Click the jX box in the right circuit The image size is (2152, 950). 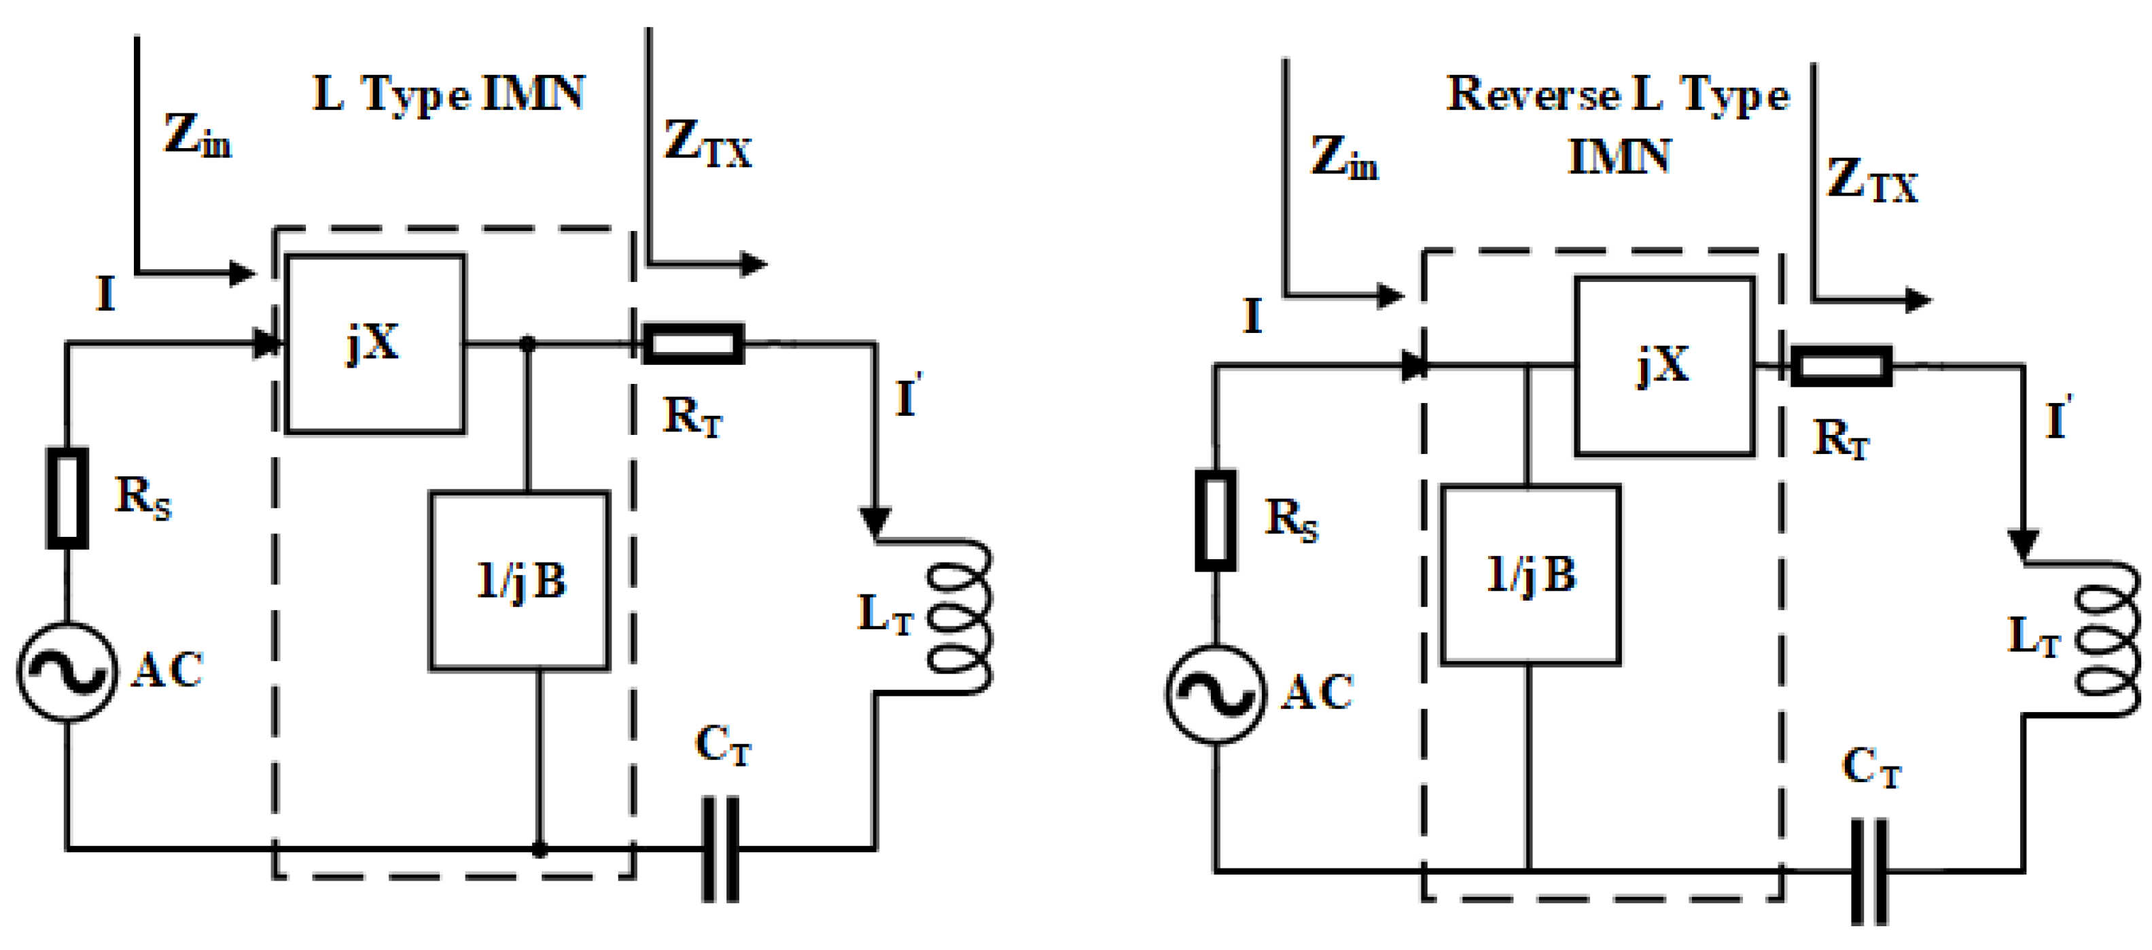[x=1664, y=366]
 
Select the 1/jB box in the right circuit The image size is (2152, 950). [x=1530, y=574]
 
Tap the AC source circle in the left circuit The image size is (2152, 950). [x=67, y=671]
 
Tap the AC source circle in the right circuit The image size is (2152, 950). [x=1216, y=694]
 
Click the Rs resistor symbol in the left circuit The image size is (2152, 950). [x=67, y=498]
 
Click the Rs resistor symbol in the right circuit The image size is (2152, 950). [x=1216, y=521]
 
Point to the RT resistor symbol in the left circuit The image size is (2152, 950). [x=692, y=343]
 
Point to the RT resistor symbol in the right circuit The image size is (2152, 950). [x=1841, y=366]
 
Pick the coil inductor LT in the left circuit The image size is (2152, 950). [x=959, y=616]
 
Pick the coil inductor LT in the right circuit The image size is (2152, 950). [x=2107, y=639]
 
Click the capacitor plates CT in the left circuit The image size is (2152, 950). [x=720, y=849]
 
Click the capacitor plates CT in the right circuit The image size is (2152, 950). [x=1869, y=871]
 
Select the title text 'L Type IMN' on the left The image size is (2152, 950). [x=448, y=94]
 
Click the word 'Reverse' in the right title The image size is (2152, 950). [x=1532, y=94]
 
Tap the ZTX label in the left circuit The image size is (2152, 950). [x=707, y=143]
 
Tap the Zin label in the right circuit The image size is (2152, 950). [x=1343, y=157]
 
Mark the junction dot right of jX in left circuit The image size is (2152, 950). [x=527, y=343]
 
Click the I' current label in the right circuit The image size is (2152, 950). [x=2058, y=418]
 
